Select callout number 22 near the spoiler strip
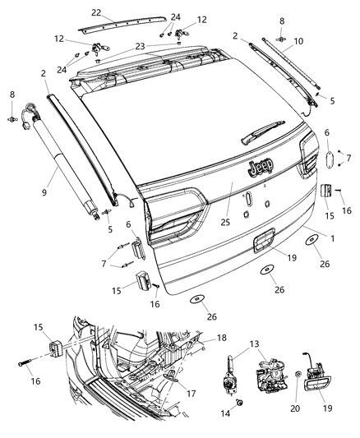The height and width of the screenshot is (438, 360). tap(97, 13)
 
